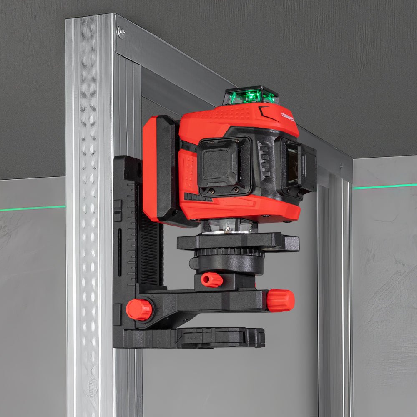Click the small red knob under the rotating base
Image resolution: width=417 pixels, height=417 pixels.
point(212,280)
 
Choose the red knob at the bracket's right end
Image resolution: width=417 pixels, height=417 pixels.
point(281,301)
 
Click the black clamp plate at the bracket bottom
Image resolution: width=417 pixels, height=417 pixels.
point(192,337)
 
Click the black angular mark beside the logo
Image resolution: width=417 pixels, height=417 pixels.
point(265,112)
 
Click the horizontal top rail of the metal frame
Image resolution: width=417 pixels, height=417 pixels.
point(234,96)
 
